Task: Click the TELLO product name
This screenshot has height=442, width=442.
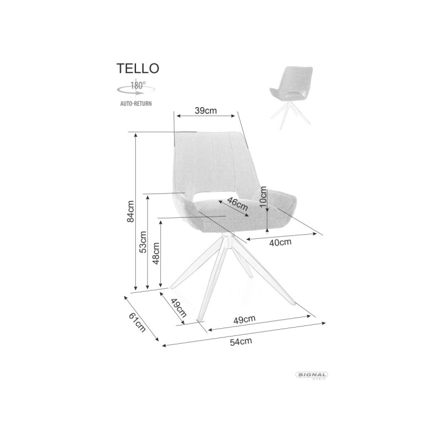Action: (x=138, y=68)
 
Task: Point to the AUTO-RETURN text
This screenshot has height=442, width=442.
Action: (x=136, y=103)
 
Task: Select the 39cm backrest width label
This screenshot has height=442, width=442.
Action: (x=206, y=110)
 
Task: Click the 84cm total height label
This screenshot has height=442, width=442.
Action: (x=130, y=211)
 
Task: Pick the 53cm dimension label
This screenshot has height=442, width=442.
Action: (x=143, y=242)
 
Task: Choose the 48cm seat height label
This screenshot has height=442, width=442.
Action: (x=156, y=253)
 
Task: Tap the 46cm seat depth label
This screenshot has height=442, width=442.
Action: (x=238, y=204)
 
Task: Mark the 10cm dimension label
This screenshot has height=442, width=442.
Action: (x=263, y=197)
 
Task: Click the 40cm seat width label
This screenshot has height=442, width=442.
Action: (x=280, y=243)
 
